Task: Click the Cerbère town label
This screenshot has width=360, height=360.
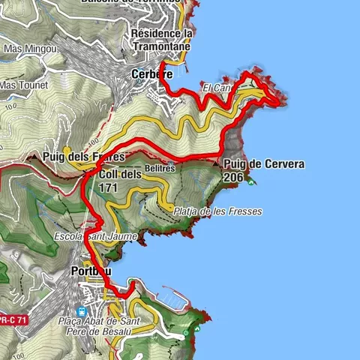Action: (152, 74)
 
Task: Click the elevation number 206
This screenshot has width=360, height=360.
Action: (233, 177)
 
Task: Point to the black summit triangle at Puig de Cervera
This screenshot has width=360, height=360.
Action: (217, 162)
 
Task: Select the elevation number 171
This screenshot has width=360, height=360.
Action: (108, 187)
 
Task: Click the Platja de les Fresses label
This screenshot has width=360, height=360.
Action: (217, 211)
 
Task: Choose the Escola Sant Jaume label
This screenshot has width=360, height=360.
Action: (95, 236)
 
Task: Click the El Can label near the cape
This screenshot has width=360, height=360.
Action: (215, 88)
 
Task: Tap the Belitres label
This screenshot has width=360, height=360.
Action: (160, 169)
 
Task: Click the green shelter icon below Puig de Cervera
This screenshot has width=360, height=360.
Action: (250, 181)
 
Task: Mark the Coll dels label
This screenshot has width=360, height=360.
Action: (120, 175)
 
